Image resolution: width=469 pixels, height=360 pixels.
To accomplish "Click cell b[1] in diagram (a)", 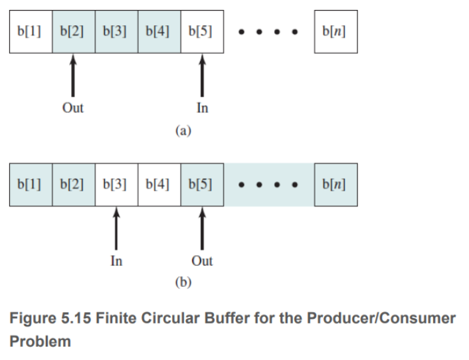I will point(30,31).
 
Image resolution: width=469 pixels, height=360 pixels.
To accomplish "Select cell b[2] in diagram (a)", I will point(73,31).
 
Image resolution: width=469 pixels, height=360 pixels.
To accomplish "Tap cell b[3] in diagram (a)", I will point(116,31).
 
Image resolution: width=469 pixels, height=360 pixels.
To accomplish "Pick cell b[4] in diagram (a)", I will point(159,31).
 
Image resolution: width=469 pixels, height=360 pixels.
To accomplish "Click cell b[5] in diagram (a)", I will point(202,31).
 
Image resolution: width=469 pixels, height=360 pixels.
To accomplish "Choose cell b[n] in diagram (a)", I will point(336,31).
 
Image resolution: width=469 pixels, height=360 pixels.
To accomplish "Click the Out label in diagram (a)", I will point(73,108).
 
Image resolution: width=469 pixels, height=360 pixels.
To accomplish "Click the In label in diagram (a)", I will point(202,108).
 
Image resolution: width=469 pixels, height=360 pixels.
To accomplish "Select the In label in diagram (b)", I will point(116,261).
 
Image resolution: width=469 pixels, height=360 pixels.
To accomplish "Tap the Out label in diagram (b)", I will point(202,261).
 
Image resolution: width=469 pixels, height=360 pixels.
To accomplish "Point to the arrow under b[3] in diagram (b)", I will point(116,228).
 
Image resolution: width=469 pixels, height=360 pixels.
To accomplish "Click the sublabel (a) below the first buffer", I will point(183,131).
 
